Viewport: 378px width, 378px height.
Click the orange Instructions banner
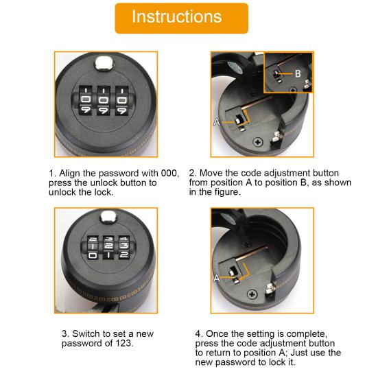[182, 19]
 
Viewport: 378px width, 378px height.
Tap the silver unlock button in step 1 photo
[104, 63]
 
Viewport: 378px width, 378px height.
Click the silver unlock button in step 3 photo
[108, 217]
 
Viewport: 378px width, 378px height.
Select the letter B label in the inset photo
[298, 73]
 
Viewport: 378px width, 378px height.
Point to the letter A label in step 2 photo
[217, 122]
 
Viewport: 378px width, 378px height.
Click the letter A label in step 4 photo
[217, 279]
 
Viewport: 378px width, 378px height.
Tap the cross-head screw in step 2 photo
[258, 142]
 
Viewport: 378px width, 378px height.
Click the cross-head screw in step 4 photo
[252, 294]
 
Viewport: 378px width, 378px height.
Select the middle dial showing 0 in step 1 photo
[104, 99]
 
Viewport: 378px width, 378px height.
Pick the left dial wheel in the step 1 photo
[85, 100]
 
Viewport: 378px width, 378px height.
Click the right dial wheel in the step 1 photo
[121, 100]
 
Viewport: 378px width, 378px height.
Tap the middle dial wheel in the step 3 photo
[108, 247]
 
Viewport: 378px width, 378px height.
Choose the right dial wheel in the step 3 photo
[124, 247]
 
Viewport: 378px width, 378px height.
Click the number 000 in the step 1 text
[169, 173]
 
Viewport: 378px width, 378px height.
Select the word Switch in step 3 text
[86, 333]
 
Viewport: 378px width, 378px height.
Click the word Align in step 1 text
[69, 174]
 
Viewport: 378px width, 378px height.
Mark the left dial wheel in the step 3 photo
[93, 247]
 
